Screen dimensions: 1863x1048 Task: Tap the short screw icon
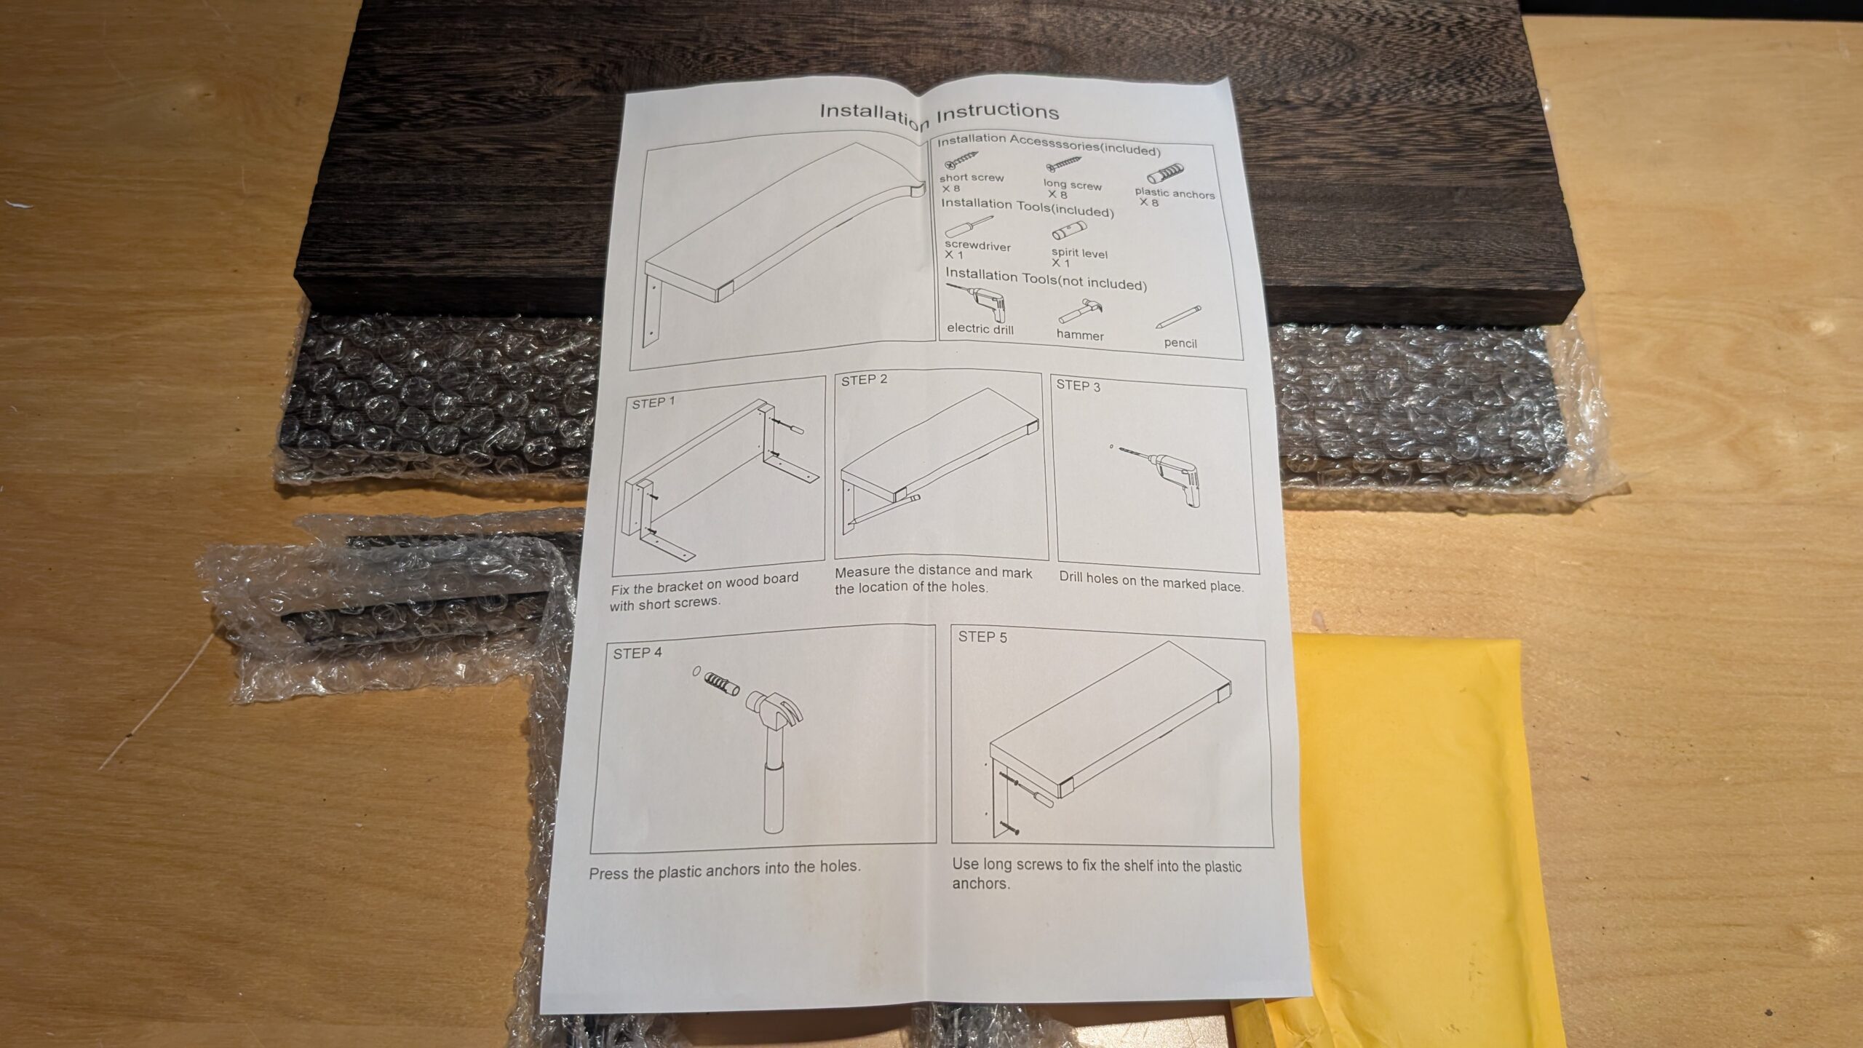click(x=961, y=161)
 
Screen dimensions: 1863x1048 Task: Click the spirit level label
click(x=1079, y=253)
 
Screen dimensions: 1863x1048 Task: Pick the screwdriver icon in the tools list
click(x=969, y=228)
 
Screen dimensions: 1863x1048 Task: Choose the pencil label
click(x=1180, y=343)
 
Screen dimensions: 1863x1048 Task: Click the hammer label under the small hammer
click(x=1080, y=335)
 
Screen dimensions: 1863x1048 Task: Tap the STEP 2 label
click(x=864, y=380)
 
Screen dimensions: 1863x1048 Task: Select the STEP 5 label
click(x=982, y=637)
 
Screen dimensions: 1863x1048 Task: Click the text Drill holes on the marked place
click(x=1151, y=581)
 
